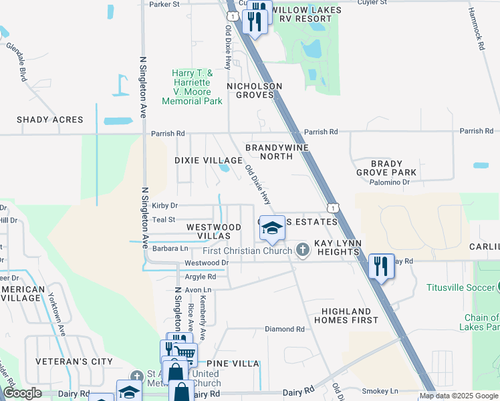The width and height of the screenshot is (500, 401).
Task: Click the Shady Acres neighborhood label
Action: pyautogui.click(x=50, y=120)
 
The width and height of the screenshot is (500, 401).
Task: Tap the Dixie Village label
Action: pyautogui.click(x=208, y=160)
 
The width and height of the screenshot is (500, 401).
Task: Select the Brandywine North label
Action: pyautogui.click(x=269, y=151)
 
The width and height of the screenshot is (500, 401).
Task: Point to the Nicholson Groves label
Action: pyautogui.click(x=254, y=91)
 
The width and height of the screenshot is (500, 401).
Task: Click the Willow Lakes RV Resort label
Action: pyautogui.click(x=306, y=14)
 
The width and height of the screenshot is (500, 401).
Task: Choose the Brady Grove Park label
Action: pyautogui.click(x=386, y=168)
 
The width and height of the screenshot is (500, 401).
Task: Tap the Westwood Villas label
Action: pyautogui.click(x=213, y=232)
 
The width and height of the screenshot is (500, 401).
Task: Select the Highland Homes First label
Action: pyautogui.click(x=346, y=315)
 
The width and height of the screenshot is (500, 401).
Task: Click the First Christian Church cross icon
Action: pyautogui.click(x=302, y=251)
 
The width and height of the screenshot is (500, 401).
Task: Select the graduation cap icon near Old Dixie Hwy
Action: pyautogui.click(x=271, y=229)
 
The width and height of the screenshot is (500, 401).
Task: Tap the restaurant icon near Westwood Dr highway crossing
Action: pyautogui.click(x=381, y=267)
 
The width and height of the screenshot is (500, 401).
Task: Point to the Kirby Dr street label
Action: pyautogui.click(x=164, y=206)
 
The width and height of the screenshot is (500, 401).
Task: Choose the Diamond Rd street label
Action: pyautogui.click(x=284, y=329)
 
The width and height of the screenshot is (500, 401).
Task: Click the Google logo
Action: pyautogui.click(x=23, y=394)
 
